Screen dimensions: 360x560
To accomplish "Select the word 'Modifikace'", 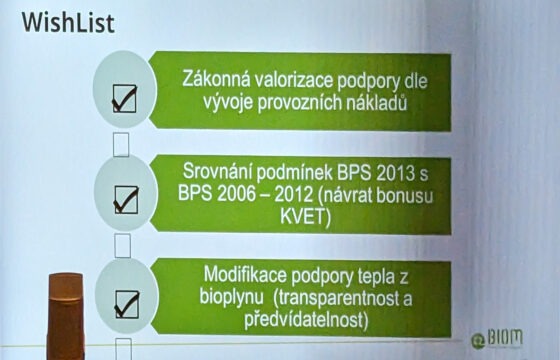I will click(x=248, y=271).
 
